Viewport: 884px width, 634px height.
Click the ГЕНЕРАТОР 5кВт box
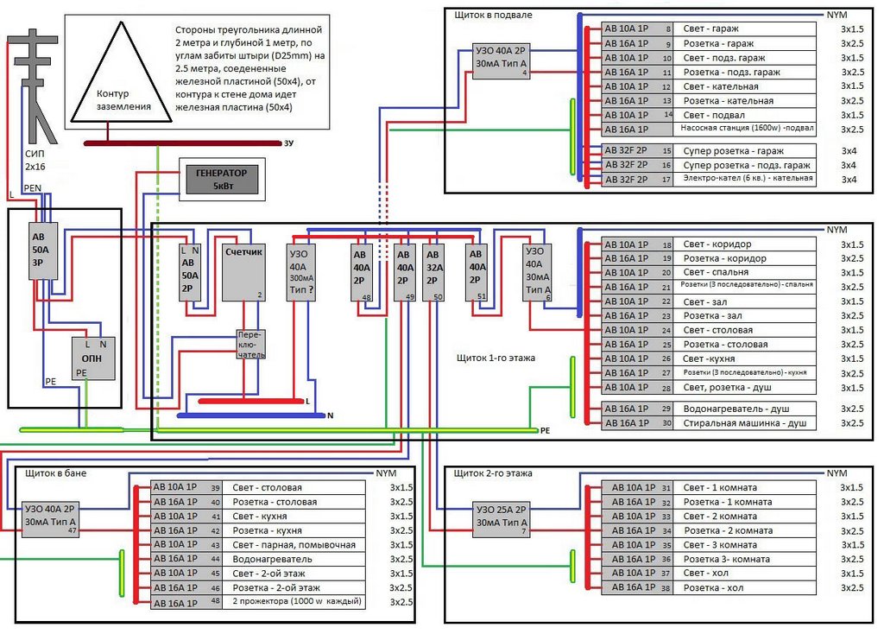222,180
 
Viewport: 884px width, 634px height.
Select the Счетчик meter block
243,272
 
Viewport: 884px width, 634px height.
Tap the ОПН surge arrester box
93,358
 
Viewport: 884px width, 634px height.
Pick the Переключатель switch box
250,345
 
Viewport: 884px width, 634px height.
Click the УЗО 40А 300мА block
301,272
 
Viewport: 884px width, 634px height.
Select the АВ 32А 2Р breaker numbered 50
434,272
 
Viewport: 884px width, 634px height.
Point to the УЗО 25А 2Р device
501,519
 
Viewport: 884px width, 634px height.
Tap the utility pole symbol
34,87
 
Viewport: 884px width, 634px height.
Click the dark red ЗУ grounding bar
182,143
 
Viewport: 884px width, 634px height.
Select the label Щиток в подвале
493,16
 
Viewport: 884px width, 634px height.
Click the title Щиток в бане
56,473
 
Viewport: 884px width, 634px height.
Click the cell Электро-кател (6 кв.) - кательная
748,178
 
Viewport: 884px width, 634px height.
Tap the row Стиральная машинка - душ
745,423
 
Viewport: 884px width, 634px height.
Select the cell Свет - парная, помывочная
294,545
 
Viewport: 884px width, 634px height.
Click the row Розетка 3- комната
727,559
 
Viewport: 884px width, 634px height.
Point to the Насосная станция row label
747,128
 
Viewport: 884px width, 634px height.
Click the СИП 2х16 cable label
35,160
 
